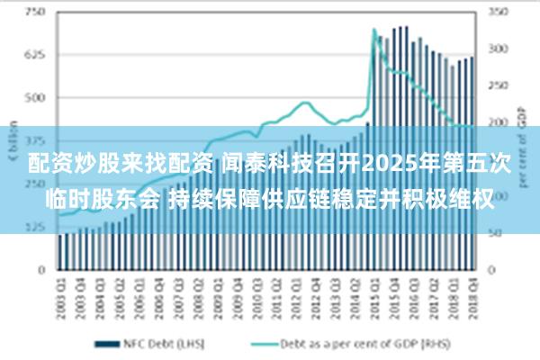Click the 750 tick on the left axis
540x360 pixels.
point(33,13)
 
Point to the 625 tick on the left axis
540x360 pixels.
point(33,55)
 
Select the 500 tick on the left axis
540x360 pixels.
point(33,97)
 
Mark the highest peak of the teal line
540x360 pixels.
point(373,30)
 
